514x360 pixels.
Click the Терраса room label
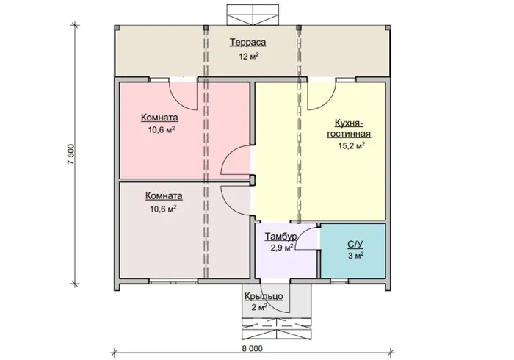[x=247, y=43]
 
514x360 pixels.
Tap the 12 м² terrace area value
[x=249, y=56]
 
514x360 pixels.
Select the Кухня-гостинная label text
[x=349, y=128]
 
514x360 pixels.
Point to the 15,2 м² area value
[x=352, y=145]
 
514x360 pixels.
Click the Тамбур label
[x=281, y=237]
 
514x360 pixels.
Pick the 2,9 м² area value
[x=281, y=248]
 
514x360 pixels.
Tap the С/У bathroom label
[x=355, y=245]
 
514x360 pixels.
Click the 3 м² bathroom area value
[x=356, y=256]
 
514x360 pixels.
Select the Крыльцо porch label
[x=264, y=296]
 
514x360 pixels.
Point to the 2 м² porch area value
[x=259, y=307]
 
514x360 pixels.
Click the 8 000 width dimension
[x=253, y=348]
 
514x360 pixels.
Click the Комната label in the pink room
[x=159, y=118]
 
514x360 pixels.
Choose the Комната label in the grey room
[x=164, y=196]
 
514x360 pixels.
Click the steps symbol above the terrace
[x=253, y=15]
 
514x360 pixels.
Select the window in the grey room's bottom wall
[x=174, y=281]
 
